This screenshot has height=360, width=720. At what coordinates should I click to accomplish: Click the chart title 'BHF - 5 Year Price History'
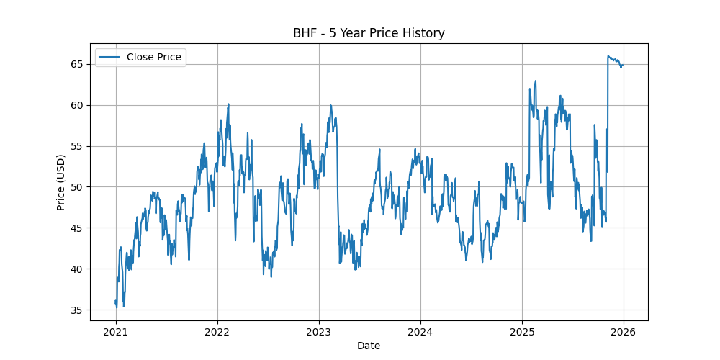click(x=369, y=33)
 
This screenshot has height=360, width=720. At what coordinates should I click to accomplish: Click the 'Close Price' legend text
click(x=153, y=57)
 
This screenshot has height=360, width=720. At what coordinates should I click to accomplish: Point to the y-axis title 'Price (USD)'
click(x=61, y=182)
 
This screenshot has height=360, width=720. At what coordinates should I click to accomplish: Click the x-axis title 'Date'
click(x=369, y=346)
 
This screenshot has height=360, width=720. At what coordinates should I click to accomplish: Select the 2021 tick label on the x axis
click(x=116, y=332)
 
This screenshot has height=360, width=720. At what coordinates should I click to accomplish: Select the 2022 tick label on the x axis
click(x=217, y=332)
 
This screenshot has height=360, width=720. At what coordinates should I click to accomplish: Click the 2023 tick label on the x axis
click(x=319, y=332)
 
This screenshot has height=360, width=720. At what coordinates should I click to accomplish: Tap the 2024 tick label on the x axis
click(x=420, y=332)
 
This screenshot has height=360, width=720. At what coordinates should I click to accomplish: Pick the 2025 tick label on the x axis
click(x=521, y=332)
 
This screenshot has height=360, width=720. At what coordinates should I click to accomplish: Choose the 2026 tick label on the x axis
click(x=623, y=332)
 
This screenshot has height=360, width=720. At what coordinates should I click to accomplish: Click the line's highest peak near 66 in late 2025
click(x=608, y=55)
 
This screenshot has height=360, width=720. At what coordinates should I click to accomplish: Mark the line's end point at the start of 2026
click(x=622, y=66)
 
